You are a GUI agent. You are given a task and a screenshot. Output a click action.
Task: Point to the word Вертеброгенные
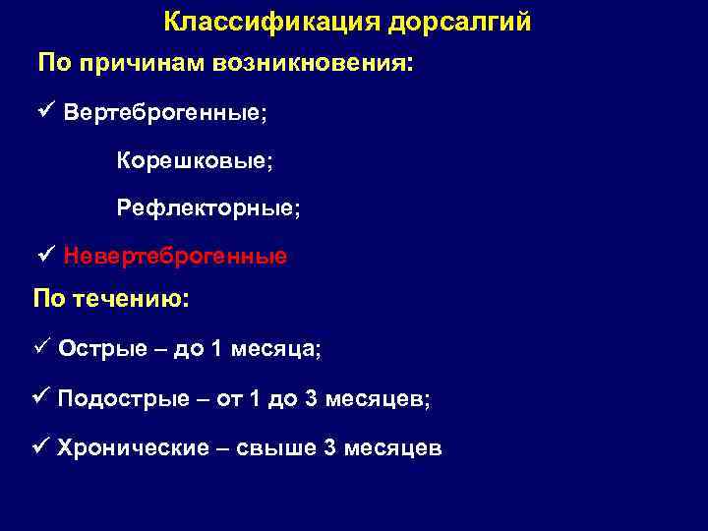pyautogui.click(x=164, y=111)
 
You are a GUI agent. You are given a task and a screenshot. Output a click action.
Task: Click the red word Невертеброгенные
pyautogui.click(x=175, y=257)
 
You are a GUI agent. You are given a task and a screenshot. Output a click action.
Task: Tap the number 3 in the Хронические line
pyautogui.click(x=329, y=447)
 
